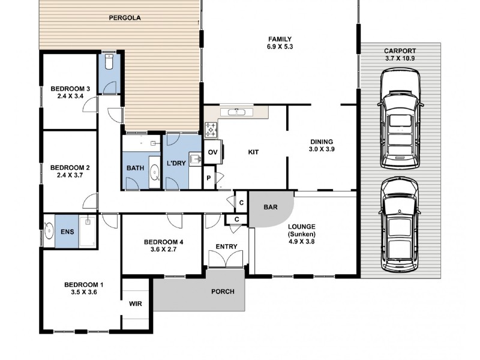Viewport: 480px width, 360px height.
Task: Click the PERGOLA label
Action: [125, 18]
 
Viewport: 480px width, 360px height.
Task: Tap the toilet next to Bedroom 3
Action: [109, 62]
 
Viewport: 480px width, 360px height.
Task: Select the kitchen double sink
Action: [237, 112]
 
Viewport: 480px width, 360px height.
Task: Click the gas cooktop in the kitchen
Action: [211, 130]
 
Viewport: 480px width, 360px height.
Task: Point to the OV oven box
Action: [213, 152]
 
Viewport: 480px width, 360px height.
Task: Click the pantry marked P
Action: [209, 178]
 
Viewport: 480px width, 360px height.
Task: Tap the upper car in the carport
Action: [400, 118]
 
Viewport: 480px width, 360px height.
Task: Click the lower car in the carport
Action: [399, 224]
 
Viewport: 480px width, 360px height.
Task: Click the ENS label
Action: [67, 232]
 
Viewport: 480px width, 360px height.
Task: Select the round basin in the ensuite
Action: [49, 231]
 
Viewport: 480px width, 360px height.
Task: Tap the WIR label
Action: [136, 304]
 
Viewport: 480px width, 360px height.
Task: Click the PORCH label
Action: [223, 292]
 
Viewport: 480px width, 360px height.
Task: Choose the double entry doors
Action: [226, 259]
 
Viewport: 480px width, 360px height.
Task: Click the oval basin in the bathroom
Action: [155, 173]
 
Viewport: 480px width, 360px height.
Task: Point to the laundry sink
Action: [195, 159]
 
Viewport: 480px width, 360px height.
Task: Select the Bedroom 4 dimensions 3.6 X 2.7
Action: [163, 250]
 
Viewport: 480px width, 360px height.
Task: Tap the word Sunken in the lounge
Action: [302, 234]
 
